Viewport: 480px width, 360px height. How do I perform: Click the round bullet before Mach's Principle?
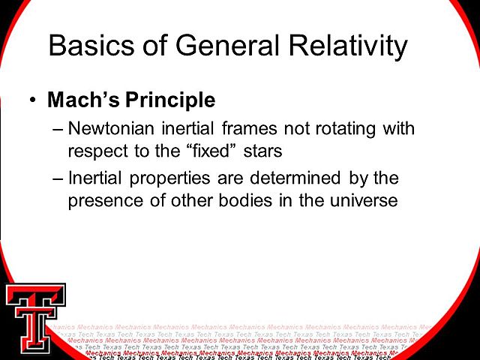[31, 100]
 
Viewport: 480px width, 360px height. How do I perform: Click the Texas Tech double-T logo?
[34, 318]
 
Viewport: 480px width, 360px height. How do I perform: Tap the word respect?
[94, 151]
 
